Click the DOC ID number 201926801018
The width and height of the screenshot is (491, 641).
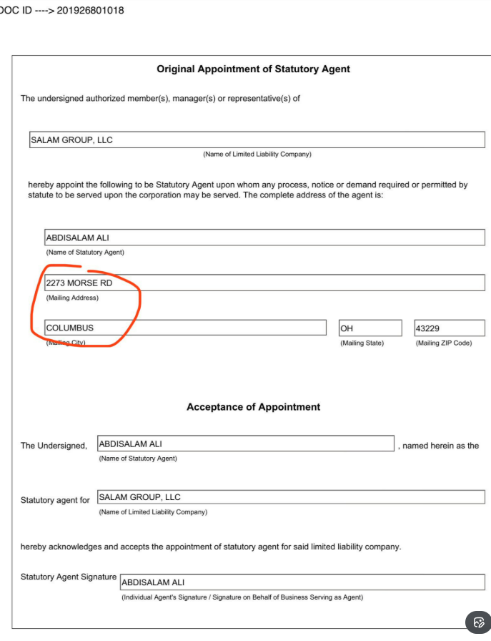89,11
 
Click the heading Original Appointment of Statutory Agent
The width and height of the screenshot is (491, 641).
253,69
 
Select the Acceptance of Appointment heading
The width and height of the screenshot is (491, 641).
253,407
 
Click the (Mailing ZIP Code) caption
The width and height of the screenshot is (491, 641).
443,343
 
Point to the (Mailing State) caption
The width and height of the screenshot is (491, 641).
362,343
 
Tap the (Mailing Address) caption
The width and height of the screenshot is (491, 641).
72,298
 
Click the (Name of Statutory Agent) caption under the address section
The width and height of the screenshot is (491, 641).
85,253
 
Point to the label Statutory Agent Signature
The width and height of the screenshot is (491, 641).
69,577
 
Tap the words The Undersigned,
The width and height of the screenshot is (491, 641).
54,446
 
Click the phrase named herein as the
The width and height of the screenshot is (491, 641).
440,446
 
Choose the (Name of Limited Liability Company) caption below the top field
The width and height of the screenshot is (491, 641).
257,155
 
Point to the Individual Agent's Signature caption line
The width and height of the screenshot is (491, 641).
242,597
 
